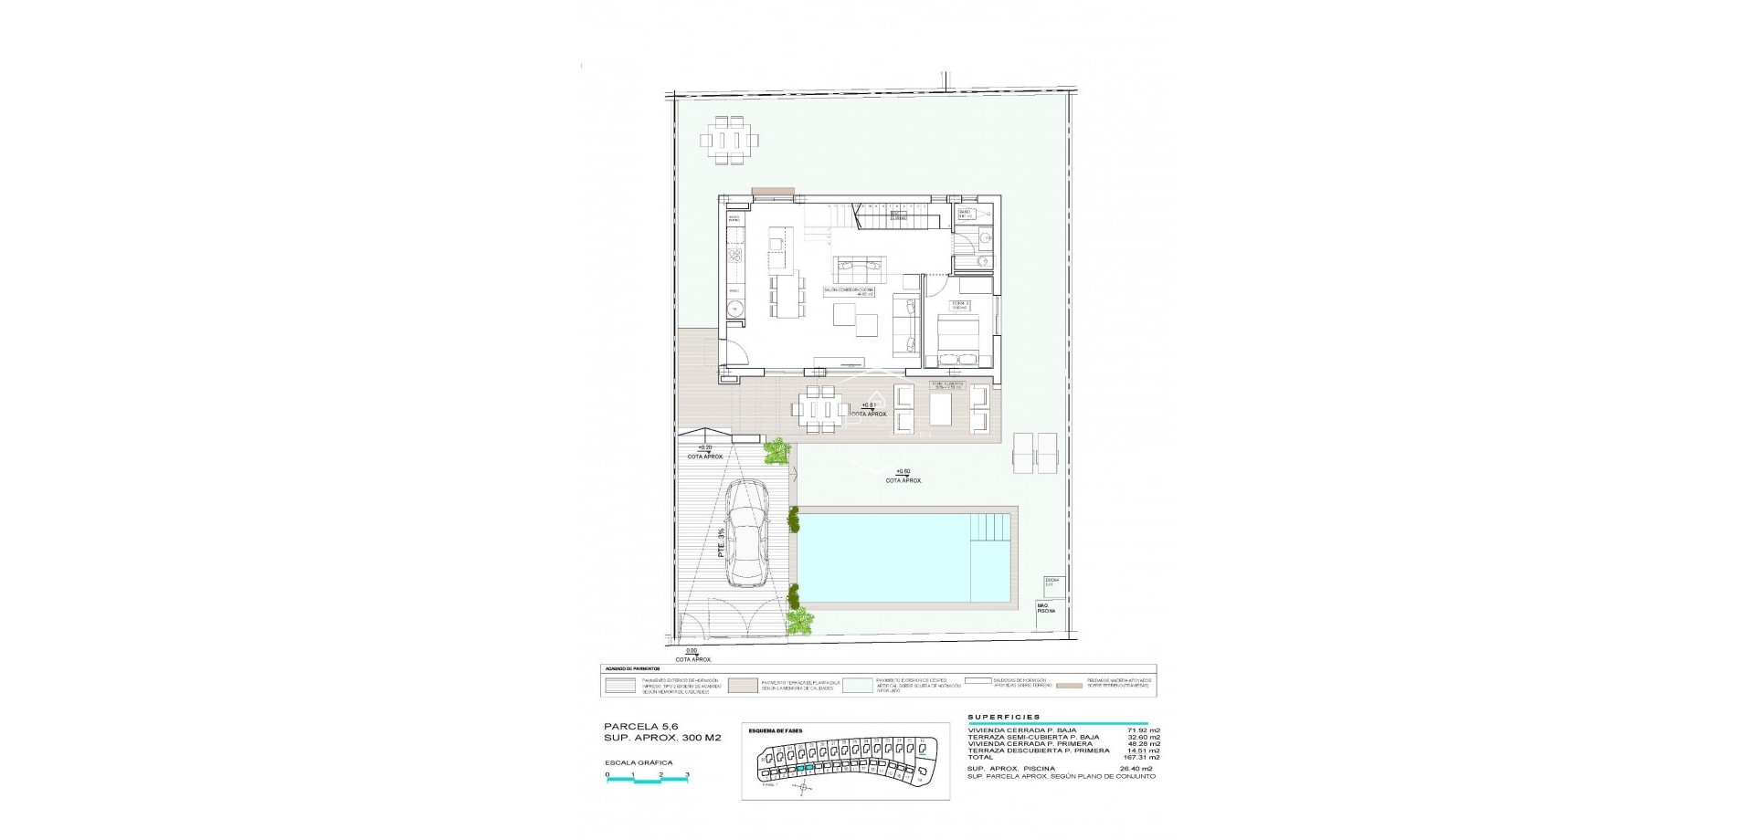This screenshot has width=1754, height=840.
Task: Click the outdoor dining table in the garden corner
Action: [729, 141]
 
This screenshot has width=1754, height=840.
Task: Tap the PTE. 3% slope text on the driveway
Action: [721, 542]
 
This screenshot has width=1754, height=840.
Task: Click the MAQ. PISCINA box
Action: [1045, 608]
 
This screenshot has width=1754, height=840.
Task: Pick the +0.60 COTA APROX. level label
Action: [903, 475]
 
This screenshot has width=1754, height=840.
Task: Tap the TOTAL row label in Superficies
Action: [980, 757]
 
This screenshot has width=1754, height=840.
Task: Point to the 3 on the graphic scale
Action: [687, 774]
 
